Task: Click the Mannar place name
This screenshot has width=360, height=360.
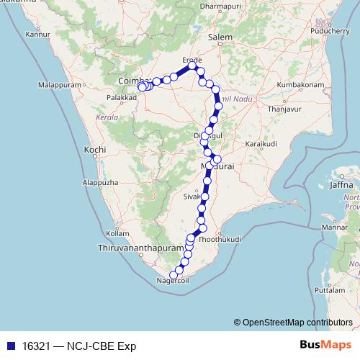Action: (334, 228)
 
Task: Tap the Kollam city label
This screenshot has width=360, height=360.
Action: (117, 233)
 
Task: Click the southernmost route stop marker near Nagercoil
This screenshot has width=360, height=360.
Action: (172, 274)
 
